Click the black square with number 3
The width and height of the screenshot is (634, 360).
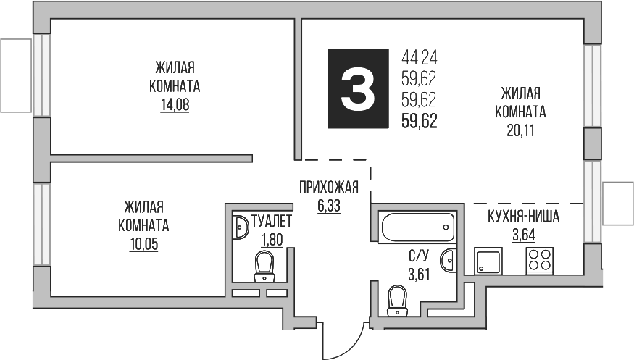[x=358, y=90]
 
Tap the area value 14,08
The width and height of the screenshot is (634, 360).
[x=178, y=104]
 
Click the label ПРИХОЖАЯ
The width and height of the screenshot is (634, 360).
[x=329, y=188]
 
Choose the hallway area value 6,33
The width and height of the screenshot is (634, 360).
[x=329, y=205]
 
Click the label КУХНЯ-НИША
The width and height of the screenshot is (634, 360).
[x=523, y=216]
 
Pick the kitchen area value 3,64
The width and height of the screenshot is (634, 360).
[x=524, y=234]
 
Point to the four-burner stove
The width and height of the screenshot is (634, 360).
[x=538, y=259]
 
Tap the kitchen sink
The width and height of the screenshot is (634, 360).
[x=488, y=261]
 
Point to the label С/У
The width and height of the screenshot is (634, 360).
[x=419, y=256]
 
